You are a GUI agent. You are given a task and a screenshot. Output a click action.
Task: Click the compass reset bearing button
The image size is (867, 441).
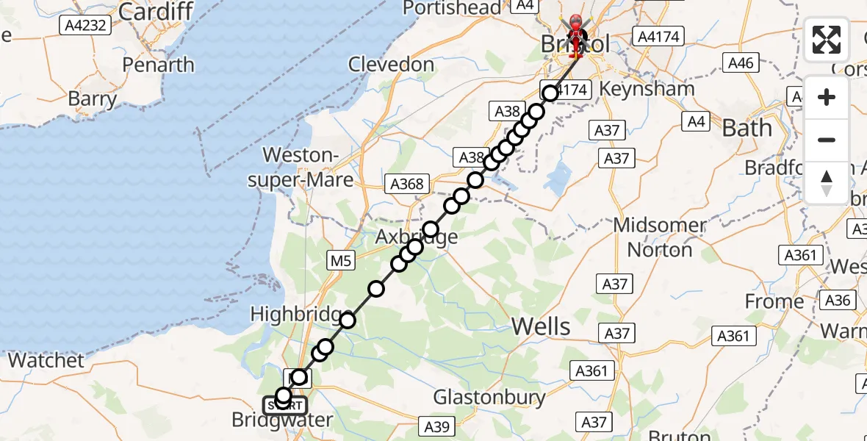(827, 183)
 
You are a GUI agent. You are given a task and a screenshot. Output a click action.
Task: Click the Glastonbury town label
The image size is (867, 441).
(489, 398)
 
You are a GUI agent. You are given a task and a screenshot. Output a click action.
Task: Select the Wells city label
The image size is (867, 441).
(541, 326)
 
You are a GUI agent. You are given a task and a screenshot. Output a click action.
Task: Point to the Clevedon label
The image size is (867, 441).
(391, 65)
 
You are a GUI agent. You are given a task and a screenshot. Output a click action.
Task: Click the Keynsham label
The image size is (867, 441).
(647, 89)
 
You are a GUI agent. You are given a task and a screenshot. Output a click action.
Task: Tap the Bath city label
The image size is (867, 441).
(747, 128)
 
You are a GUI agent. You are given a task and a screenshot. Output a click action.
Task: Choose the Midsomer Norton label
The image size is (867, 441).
(660, 237)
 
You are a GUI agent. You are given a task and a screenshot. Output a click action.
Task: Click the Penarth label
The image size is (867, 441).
(159, 65)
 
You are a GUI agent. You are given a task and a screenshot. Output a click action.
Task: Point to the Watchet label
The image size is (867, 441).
(46, 360)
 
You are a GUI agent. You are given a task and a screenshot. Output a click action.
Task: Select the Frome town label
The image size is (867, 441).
(774, 301)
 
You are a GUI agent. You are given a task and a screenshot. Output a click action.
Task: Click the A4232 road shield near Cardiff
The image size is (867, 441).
(84, 26)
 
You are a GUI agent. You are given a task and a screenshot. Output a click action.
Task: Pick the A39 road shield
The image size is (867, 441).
(438, 425)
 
